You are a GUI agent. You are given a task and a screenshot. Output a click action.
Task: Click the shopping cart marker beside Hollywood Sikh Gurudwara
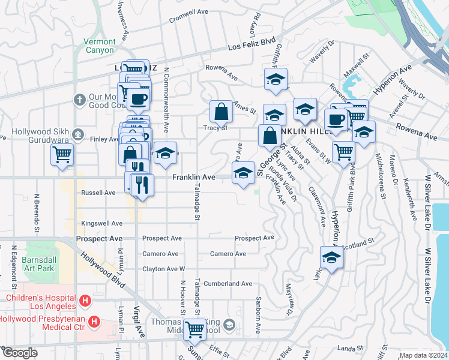[62, 155]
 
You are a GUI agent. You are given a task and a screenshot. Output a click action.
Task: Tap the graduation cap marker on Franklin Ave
[243, 173]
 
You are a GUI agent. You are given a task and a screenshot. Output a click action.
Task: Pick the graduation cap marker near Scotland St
[330, 257]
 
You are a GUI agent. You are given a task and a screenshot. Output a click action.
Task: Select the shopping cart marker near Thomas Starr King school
[194, 329]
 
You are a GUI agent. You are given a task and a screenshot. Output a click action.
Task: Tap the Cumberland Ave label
[228, 283]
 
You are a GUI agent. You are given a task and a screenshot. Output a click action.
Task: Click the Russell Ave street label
[98, 193]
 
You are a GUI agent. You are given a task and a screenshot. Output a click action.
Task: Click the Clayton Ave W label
[164, 269]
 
